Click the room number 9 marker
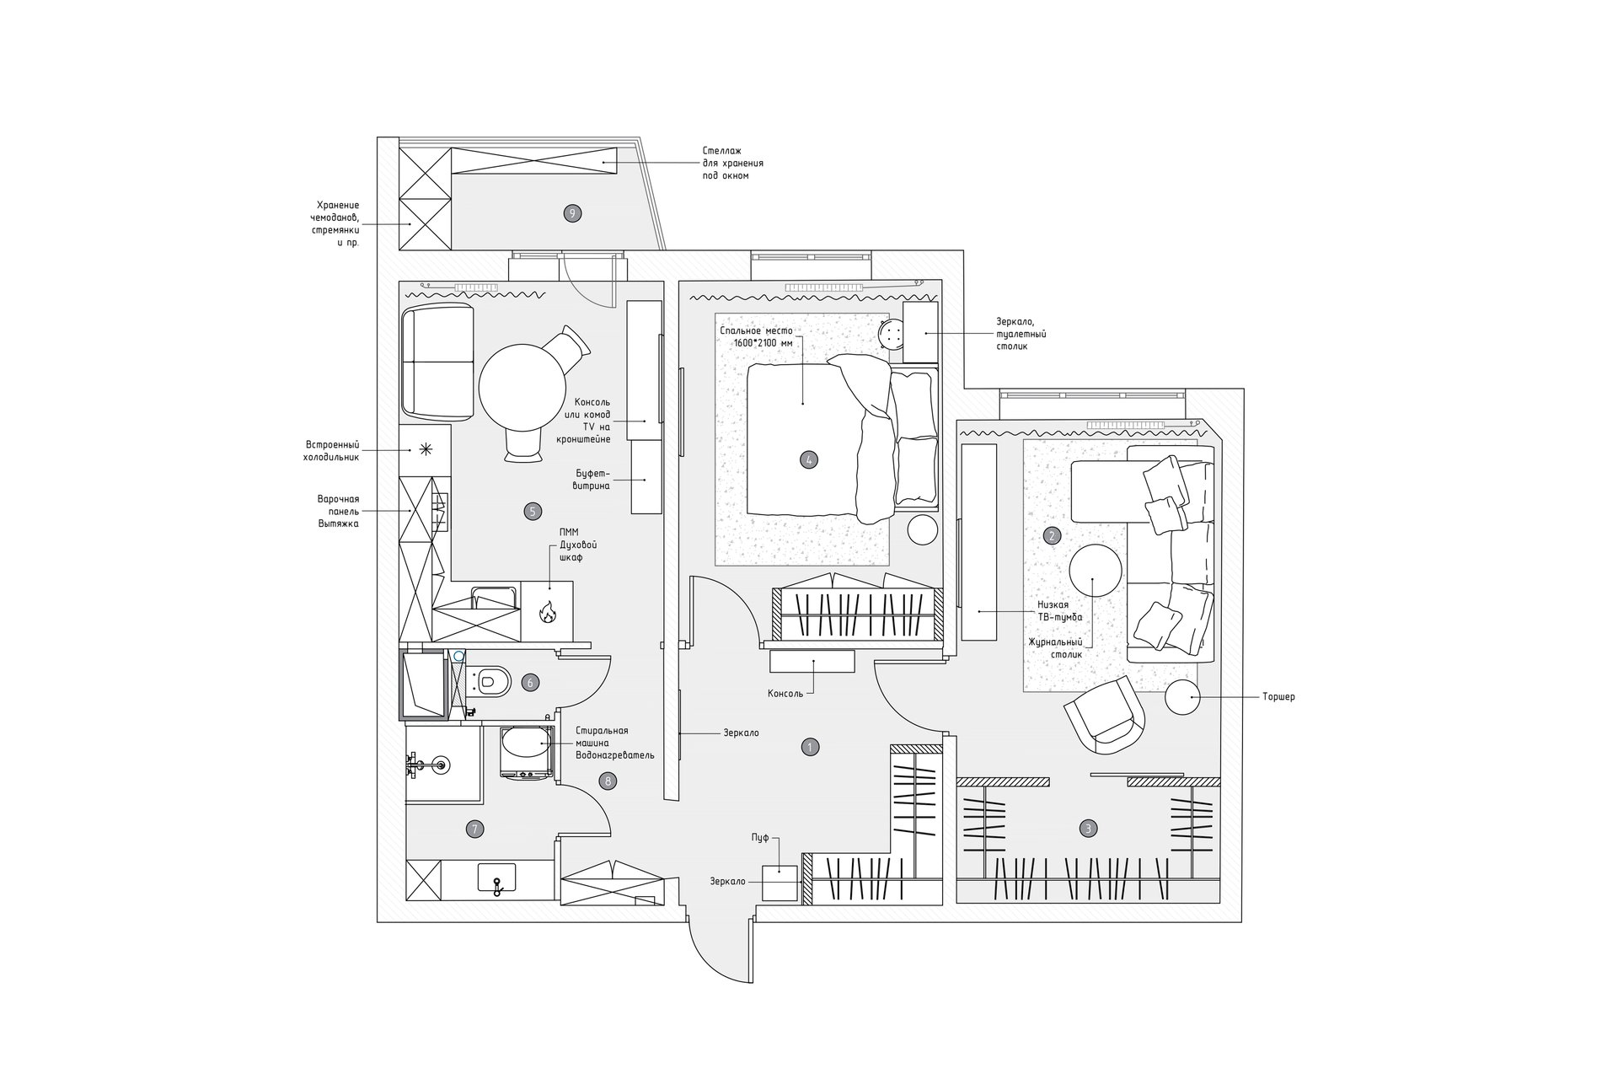point(572,213)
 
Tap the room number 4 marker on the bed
point(809,459)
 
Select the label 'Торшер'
point(1279,697)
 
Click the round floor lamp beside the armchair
point(1183,697)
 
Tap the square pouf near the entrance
point(780,883)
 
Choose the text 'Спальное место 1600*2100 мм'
point(756,337)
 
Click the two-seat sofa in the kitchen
point(437,362)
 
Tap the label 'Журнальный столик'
point(1055,647)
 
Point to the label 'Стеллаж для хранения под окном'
point(732,163)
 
